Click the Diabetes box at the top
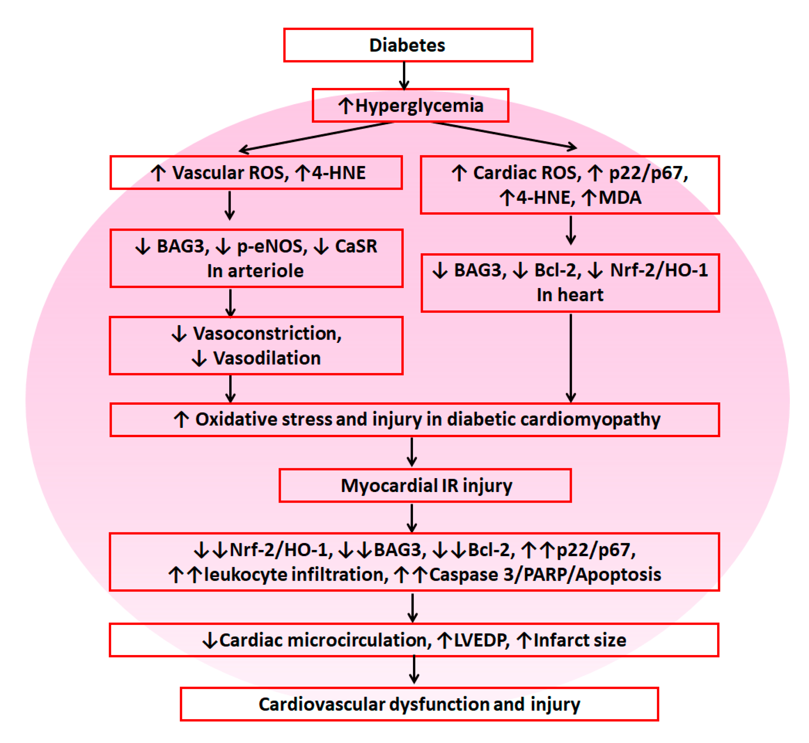pos(408,45)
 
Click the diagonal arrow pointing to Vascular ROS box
pos(315,136)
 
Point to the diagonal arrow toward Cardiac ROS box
pos(504,135)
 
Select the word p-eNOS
pos(272,246)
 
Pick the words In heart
pos(570,295)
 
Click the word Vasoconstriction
pos(267,333)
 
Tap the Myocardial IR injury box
pos(425,485)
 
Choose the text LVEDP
pos(481,640)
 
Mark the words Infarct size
pos(580,640)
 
